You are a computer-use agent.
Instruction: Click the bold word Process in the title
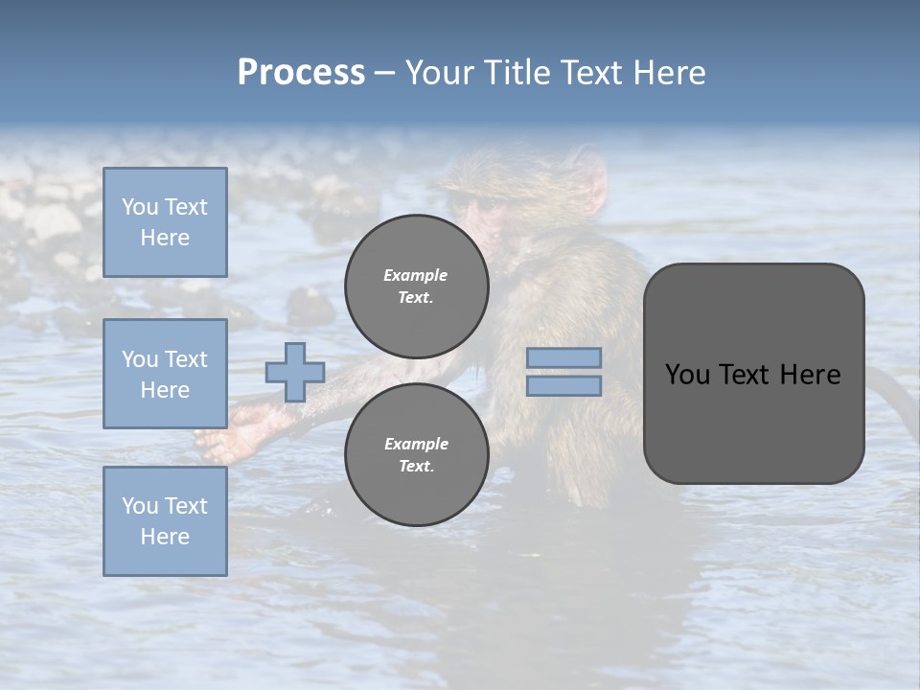click(x=301, y=73)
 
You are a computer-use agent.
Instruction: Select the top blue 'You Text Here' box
click(x=165, y=222)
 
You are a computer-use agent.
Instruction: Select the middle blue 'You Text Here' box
click(x=165, y=374)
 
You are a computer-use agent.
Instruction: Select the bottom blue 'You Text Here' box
click(x=165, y=521)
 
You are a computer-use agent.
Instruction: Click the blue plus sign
click(x=295, y=372)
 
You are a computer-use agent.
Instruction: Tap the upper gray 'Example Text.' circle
click(x=416, y=286)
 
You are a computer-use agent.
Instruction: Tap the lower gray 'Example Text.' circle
click(x=416, y=454)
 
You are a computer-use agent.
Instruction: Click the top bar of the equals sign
click(x=563, y=357)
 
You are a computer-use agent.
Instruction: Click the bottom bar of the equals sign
click(x=563, y=385)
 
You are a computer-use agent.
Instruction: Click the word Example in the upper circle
click(x=416, y=275)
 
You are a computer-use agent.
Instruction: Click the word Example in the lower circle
click(x=416, y=444)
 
